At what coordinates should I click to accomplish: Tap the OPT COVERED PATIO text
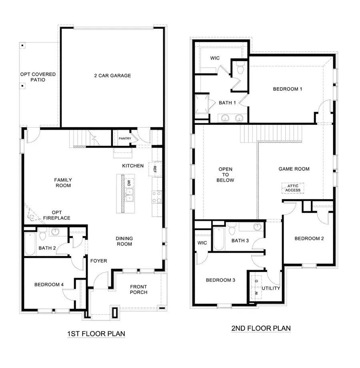coord(38,77)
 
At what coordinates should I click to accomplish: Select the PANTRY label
coord(125,138)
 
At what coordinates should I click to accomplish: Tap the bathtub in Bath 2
coord(30,243)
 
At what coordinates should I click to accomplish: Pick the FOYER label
coord(98,261)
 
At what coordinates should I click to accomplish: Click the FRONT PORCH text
coord(138,289)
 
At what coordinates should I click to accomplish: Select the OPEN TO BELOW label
coord(226,175)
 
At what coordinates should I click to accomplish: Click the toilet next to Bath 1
coord(240,69)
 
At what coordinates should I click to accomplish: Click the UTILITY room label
coord(271,288)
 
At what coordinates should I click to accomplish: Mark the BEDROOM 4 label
coord(49,285)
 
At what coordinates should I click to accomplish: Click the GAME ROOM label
coord(294,169)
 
